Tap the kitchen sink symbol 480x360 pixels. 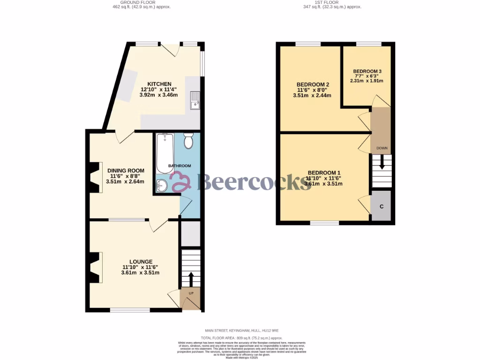coord(195,100)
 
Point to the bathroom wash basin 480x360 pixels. coord(161,186)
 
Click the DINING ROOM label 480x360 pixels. coord(125,171)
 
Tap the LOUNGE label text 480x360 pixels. coord(141,262)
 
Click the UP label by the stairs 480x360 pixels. coord(191,294)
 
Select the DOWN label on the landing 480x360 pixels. coord(382,149)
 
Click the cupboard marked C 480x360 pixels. coord(382,206)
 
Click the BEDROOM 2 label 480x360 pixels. coord(313,84)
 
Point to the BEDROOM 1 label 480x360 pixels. coord(323,172)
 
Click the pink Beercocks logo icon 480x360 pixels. coord(180,182)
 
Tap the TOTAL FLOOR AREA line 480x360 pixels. coord(241,337)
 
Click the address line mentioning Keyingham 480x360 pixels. coord(241,331)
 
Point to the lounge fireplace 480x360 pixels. coord(95,267)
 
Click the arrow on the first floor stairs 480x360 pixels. coord(382,163)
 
